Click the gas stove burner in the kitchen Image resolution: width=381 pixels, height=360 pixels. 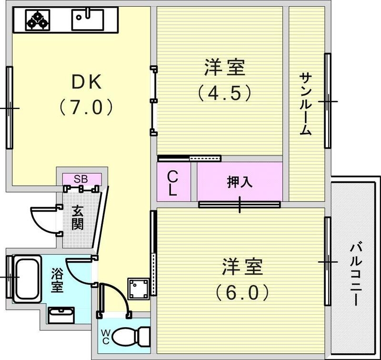(37, 20)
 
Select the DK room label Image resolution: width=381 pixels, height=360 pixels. (86, 82)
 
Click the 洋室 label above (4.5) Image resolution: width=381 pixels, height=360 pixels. (224, 68)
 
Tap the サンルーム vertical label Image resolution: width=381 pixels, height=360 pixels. (305, 104)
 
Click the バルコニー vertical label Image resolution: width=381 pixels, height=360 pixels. (356, 274)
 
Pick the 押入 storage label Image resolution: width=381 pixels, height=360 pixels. (239, 182)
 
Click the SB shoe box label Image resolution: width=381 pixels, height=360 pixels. (80, 179)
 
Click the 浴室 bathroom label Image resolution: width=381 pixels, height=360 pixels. (57, 280)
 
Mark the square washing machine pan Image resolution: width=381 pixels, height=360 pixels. (139, 288)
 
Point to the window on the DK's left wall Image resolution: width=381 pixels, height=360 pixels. (9, 108)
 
